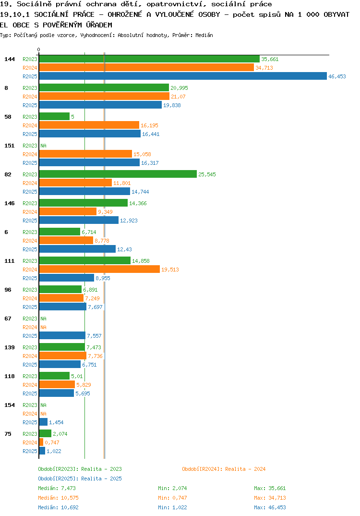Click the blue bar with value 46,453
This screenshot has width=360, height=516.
[183, 76]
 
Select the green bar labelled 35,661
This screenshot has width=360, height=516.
[149, 59]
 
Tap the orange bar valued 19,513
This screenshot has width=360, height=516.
[99, 269]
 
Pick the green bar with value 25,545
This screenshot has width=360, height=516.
[118, 174]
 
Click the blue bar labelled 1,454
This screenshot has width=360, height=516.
[43, 422]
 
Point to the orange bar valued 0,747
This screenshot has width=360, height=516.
[41, 442]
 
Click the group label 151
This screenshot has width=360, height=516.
[10, 146]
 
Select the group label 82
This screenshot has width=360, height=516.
[8, 174]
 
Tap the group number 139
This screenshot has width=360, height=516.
[10, 347]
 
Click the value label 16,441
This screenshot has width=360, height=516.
[151, 134]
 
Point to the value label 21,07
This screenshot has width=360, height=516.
[178, 97]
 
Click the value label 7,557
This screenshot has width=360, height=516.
[94, 336]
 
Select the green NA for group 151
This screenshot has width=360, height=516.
[43, 146]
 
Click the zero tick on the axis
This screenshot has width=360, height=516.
[39, 49]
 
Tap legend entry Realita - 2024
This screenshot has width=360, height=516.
[224, 469]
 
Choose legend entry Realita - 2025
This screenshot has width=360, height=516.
[80, 479]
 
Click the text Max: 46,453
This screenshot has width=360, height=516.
[270, 507]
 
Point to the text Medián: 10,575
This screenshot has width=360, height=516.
[58, 498]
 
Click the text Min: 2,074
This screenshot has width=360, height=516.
[172, 488]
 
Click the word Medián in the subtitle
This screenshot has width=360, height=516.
[204, 35]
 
